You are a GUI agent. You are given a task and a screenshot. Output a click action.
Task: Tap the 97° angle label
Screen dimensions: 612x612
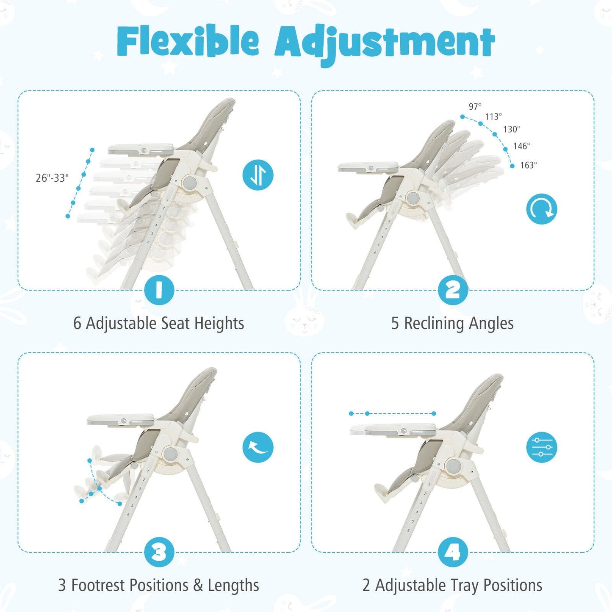click(x=475, y=107)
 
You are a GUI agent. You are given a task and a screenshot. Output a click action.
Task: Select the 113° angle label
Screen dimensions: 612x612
click(x=493, y=117)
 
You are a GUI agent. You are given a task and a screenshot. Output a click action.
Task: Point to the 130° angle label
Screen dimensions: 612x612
click(x=512, y=130)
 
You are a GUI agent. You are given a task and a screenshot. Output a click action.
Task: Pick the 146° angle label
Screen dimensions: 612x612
click(x=522, y=146)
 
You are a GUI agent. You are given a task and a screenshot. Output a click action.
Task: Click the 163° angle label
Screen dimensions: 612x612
click(x=529, y=165)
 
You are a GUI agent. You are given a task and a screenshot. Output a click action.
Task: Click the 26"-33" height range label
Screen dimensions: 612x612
click(x=52, y=178)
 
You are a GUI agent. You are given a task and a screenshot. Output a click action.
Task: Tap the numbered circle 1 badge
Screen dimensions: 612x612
click(x=159, y=290)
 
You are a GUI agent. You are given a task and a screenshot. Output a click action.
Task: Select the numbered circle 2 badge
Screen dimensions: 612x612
click(x=453, y=290)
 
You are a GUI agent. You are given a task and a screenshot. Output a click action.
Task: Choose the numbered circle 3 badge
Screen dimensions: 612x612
click(x=159, y=552)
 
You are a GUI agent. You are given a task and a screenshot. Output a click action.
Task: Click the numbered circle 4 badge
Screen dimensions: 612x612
click(x=453, y=552)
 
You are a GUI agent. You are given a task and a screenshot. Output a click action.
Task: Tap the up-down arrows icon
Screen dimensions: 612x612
click(x=258, y=175)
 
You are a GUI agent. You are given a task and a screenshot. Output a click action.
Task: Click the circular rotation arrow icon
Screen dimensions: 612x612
click(x=542, y=209)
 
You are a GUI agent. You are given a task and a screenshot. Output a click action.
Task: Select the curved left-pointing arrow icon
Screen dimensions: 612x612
click(x=258, y=447)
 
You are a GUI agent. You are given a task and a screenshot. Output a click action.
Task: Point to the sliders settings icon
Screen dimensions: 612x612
click(x=542, y=447)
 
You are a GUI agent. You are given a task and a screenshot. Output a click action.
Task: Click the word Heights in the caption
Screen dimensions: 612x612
click(x=219, y=324)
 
